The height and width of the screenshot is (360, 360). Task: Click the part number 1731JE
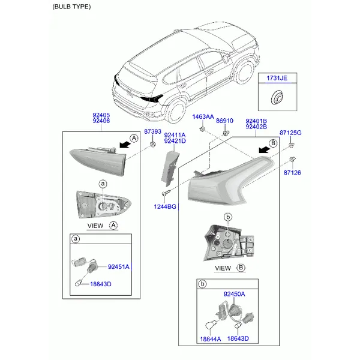tap(277, 78)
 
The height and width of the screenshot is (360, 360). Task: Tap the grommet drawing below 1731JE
tap(277, 97)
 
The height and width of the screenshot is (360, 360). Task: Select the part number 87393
tap(152, 131)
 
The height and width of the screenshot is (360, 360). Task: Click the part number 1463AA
tap(203, 117)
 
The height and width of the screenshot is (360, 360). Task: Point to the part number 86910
tap(224, 121)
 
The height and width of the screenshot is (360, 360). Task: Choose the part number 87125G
tap(290, 133)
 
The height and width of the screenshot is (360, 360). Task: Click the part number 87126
tap(292, 173)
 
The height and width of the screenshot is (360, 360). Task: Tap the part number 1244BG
tap(165, 206)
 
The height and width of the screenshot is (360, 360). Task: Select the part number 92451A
tap(119, 267)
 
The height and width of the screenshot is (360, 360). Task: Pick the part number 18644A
tap(211, 339)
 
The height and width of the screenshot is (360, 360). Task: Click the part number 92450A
tap(234, 294)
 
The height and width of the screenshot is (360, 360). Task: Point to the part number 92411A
tap(175, 135)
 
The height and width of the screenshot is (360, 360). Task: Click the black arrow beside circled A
tap(125, 145)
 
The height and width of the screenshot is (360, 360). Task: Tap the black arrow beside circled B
tap(264, 149)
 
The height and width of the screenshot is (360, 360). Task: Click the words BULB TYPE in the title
tap(71, 7)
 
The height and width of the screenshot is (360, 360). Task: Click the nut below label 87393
tap(152, 145)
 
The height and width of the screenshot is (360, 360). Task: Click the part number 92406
tap(101, 121)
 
